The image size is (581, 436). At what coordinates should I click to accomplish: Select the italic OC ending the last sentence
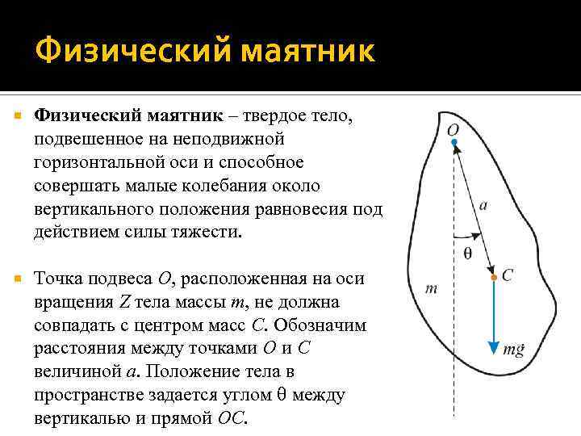pos(233,420)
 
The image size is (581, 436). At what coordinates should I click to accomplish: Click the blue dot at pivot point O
pos(454,143)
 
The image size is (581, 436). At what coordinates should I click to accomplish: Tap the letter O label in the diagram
pos(454,128)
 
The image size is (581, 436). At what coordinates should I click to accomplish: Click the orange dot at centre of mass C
pos(493,277)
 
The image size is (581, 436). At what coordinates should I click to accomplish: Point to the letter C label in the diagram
pos(507,275)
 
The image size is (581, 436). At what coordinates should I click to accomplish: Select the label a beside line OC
pos(483,205)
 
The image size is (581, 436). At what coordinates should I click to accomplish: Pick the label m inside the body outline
pos(431,288)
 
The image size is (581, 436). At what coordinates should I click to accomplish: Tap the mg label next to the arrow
pos(514,349)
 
